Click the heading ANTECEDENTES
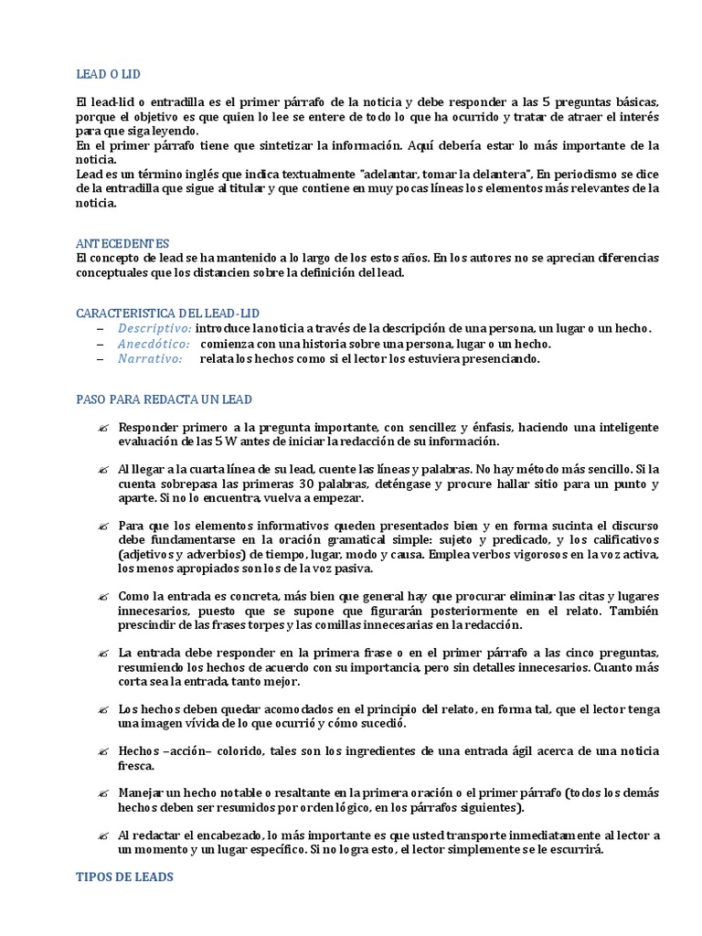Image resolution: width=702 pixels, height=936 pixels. (122, 244)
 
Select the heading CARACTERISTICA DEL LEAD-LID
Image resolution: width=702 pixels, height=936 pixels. (174, 313)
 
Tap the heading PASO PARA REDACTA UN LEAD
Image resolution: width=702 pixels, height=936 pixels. (164, 399)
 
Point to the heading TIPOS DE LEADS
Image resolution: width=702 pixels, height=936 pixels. (123, 877)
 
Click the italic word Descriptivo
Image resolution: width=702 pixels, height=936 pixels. (154, 328)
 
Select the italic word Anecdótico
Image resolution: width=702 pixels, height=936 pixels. (154, 344)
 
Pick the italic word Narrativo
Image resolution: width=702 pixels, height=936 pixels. (149, 359)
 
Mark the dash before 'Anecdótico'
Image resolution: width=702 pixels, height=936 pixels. (100, 344)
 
